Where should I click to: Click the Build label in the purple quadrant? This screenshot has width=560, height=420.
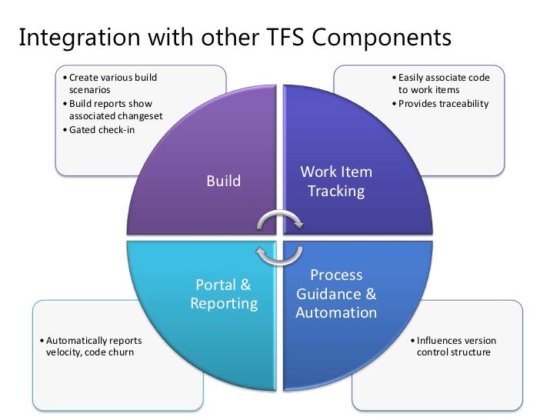pos(224,182)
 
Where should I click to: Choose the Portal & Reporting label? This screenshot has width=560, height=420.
pos(224,295)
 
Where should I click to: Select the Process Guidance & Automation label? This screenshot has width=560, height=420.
pos(336,294)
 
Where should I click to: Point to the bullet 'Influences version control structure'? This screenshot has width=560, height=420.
pos(454,346)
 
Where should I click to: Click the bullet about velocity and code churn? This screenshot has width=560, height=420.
pos(89,346)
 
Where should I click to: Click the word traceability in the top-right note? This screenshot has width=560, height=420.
pos(463,104)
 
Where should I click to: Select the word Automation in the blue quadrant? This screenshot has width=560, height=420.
pos(336,313)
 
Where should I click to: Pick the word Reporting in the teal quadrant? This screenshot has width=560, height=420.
pos(224,304)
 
